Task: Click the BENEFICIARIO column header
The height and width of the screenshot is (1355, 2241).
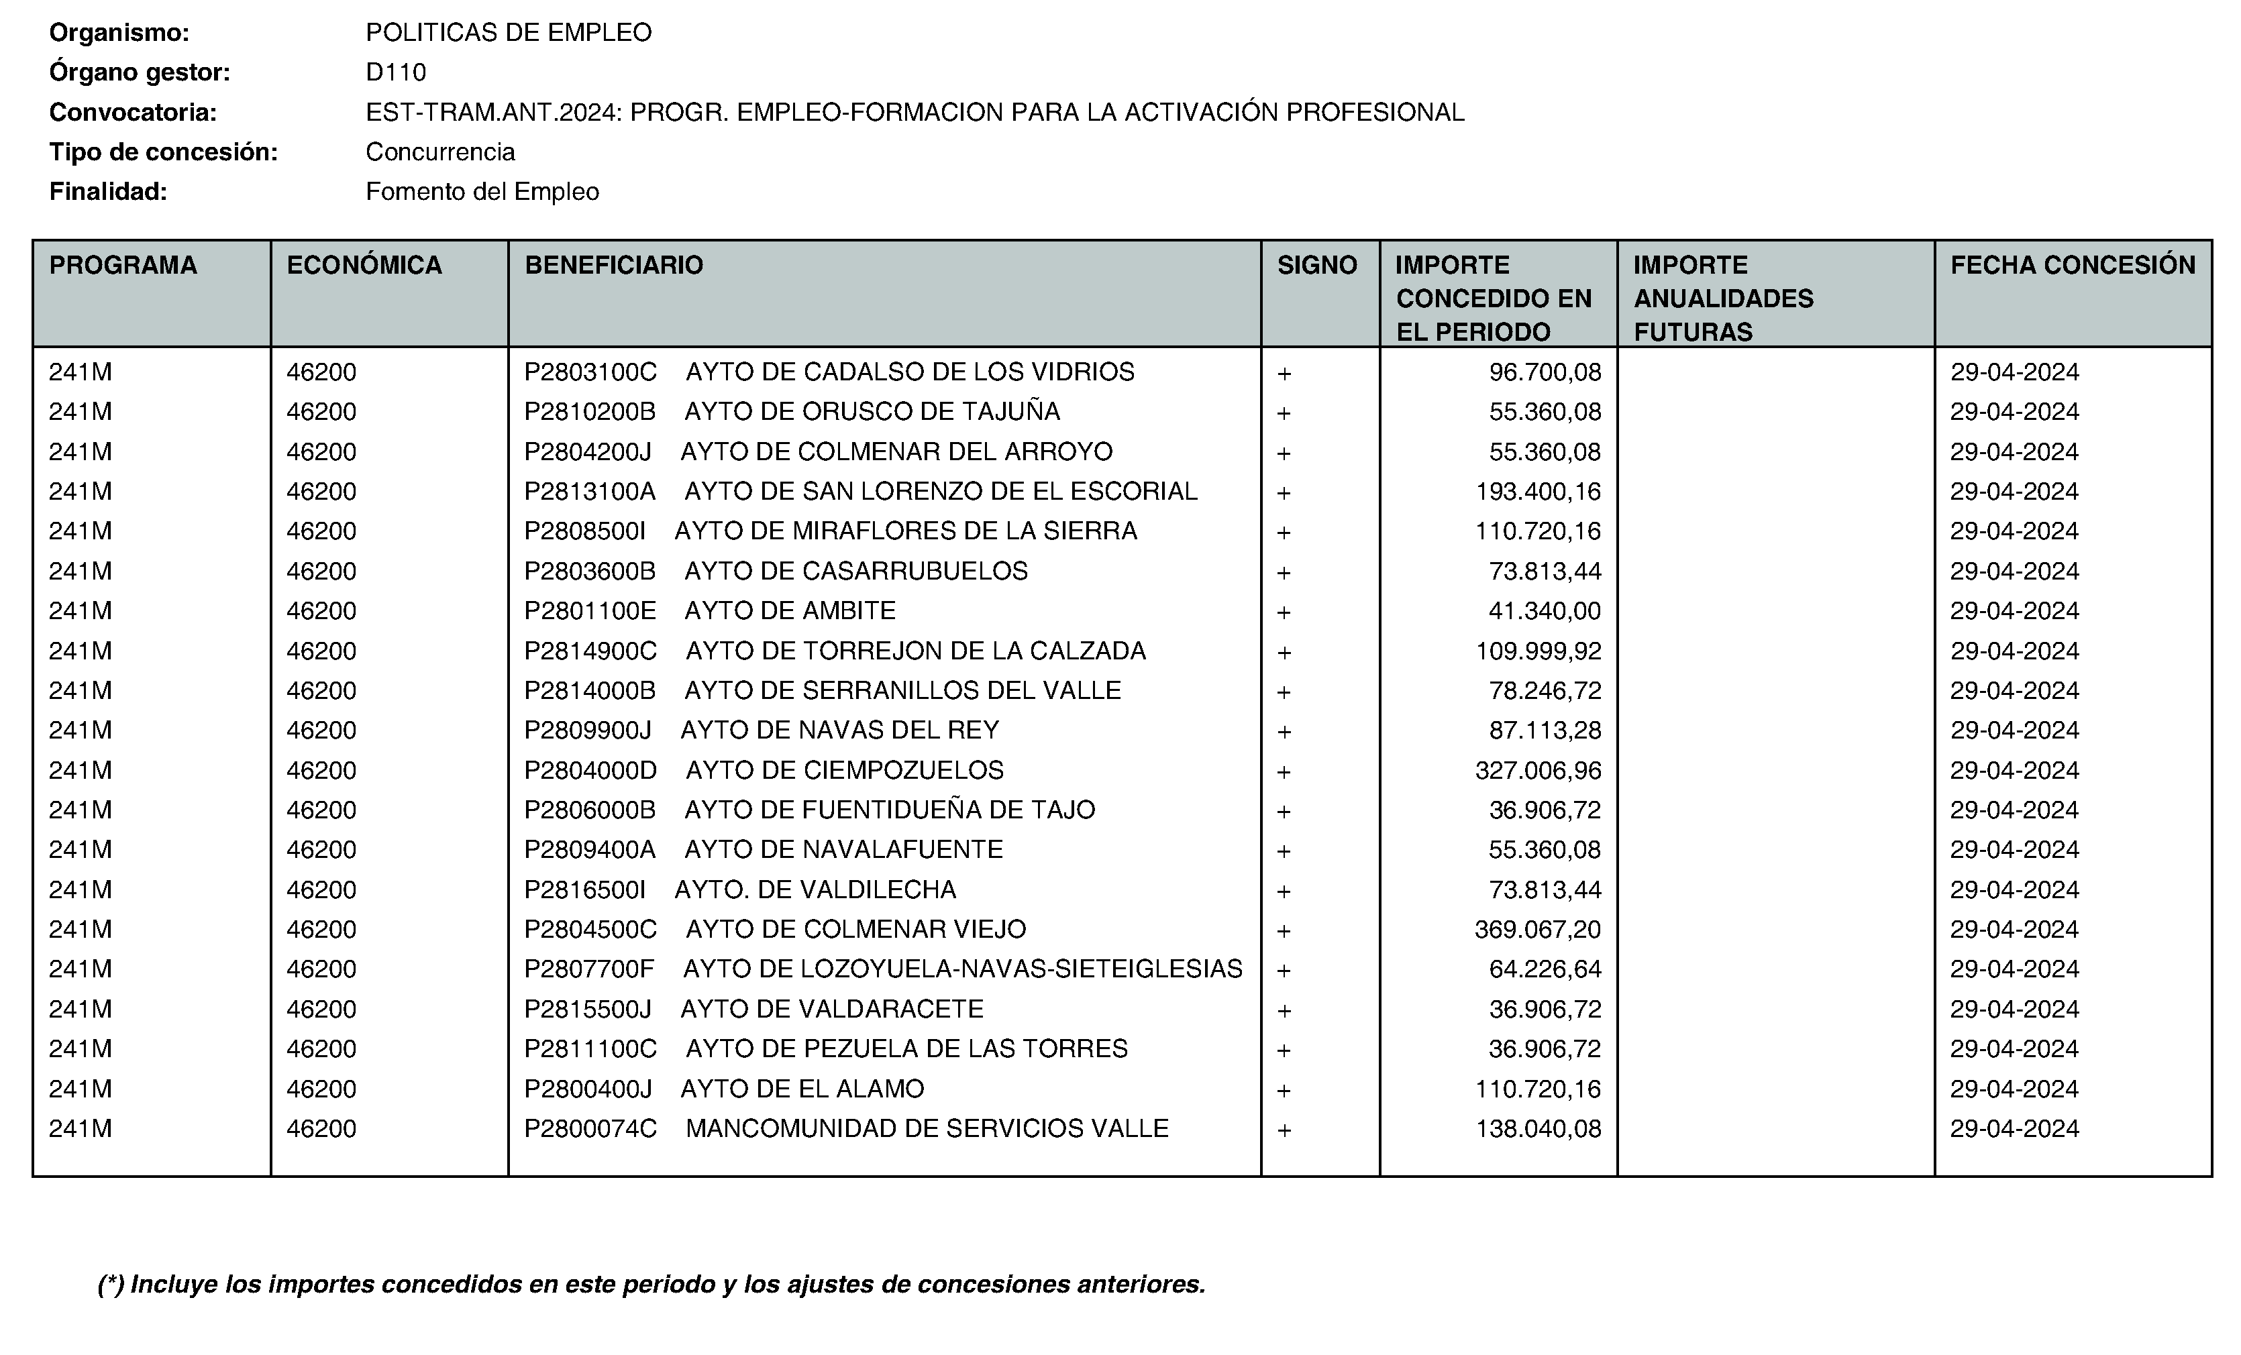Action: pyautogui.click(x=614, y=266)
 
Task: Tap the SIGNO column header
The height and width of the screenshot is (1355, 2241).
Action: pyautogui.click(x=1317, y=266)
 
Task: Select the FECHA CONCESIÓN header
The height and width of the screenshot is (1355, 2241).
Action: pyautogui.click(x=2073, y=266)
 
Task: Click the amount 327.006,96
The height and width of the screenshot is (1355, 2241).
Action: pyautogui.click(x=1538, y=770)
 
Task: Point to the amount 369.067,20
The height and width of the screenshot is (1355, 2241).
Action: pyautogui.click(x=1538, y=930)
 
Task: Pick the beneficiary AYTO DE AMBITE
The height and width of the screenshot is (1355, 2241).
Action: pyautogui.click(x=790, y=610)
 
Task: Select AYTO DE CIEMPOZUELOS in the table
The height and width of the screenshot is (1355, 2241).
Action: pyautogui.click(x=844, y=770)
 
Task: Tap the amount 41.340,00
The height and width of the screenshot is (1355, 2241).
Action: pyautogui.click(x=1545, y=610)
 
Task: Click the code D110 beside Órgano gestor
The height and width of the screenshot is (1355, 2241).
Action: pyautogui.click(x=396, y=72)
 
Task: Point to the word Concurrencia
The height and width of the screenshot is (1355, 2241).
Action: pyautogui.click(x=440, y=152)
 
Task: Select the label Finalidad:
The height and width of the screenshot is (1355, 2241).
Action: pyautogui.click(x=108, y=192)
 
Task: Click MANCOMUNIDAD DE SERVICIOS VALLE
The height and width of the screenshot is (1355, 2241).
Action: pyautogui.click(x=927, y=1128)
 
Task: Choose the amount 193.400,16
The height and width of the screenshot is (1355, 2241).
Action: pyautogui.click(x=1538, y=491)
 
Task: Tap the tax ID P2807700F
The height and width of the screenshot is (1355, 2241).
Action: pyautogui.click(x=589, y=969)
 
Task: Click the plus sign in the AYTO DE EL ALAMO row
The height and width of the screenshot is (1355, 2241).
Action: pyautogui.click(x=1284, y=1089)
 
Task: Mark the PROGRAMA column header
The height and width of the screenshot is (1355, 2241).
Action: pyautogui.click(x=123, y=266)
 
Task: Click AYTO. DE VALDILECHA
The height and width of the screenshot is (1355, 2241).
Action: pyautogui.click(x=815, y=889)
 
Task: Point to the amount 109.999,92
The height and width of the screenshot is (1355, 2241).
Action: pyautogui.click(x=1538, y=651)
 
